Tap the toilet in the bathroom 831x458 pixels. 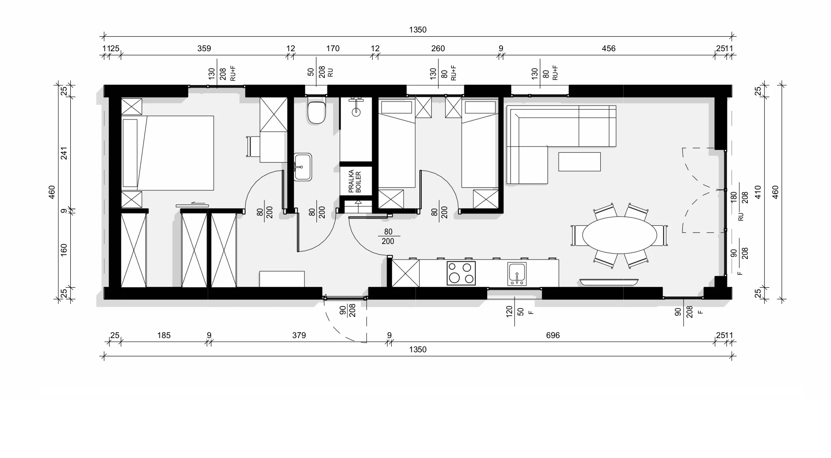pos(316,110)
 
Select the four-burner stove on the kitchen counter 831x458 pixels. pos(461,273)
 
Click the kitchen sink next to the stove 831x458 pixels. pos(517,274)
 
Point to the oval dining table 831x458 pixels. pos(620,235)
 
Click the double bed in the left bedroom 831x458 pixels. pos(168,153)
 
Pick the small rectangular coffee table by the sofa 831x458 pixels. pos(580,162)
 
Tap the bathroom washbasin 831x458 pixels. pos(303,167)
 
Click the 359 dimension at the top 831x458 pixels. pos(204,48)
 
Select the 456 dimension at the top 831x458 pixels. pos(609,48)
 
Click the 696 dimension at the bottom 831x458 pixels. pos(553,335)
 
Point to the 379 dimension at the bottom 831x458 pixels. pos(299,335)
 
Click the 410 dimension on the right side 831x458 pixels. pos(758,192)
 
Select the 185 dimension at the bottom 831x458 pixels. pos(164,335)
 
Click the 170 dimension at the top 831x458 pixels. pos(333,48)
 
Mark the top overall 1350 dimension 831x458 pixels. pos(418,30)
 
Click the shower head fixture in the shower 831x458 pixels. pos(356,112)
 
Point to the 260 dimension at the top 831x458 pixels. pos(438,48)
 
